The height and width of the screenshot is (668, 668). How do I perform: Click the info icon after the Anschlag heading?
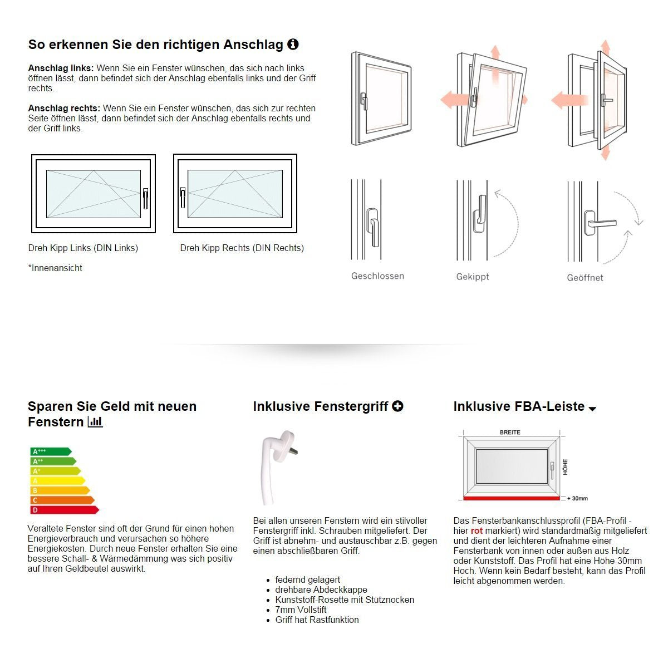pyautogui.click(x=293, y=45)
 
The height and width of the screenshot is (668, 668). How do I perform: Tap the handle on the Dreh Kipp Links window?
pyautogui.click(x=145, y=198)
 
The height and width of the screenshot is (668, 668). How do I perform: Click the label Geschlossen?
pyautogui.click(x=377, y=276)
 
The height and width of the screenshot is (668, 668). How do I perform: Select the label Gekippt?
pyautogui.click(x=473, y=277)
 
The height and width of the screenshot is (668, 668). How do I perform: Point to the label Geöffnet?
pyautogui.click(x=585, y=278)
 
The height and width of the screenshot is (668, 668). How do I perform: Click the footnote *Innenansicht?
pyautogui.click(x=55, y=268)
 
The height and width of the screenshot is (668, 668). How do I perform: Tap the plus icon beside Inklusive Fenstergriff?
pyautogui.click(x=397, y=406)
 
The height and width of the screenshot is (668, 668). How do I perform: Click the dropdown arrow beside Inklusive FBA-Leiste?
pyautogui.click(x=592, y=409)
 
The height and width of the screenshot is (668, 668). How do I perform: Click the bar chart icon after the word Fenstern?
pyautogui.click(x=95, y=422)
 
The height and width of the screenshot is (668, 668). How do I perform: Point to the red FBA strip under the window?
pyautogui.click(x=512, y=498)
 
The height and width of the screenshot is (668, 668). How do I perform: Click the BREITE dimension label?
pyautogui.click(x=510, y=432)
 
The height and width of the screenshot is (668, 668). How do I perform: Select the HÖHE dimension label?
pyautogui.click(x=565, y=466)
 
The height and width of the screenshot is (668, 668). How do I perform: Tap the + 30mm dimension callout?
pyautogui.click(x=577, y=498)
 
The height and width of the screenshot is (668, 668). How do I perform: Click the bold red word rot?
pyautogui.click(x=477, y=531)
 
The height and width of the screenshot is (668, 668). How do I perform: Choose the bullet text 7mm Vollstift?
pyautogui.click(x=301, y=610)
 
